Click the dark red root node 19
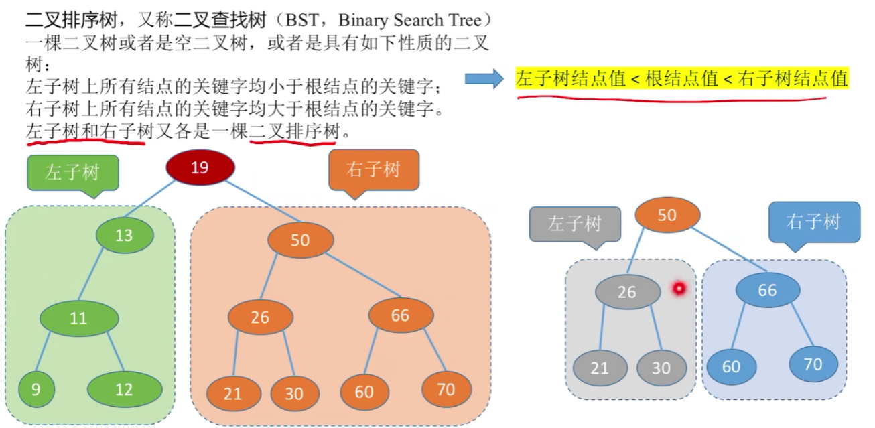pos(200,167)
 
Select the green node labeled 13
pos(124,235)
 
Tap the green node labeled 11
pos(78,318)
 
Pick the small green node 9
pos(36,389)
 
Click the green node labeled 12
pos(125,389)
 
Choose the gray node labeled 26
pos(626,292)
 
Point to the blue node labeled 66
pos(767,291)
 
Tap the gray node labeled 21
pos(600,368)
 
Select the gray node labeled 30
pos(661,368)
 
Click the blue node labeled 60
pos(731,367)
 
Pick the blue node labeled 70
pos(813,364)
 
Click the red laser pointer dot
pos(679,289)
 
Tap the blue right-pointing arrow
pos(484,79)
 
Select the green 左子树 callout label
pos(72,172)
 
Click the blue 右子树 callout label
pos(813,222)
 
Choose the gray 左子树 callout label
pos(574,223)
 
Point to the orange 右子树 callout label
pos(373,169)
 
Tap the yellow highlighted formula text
pos(681,79)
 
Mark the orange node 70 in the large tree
pos(446,389)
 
